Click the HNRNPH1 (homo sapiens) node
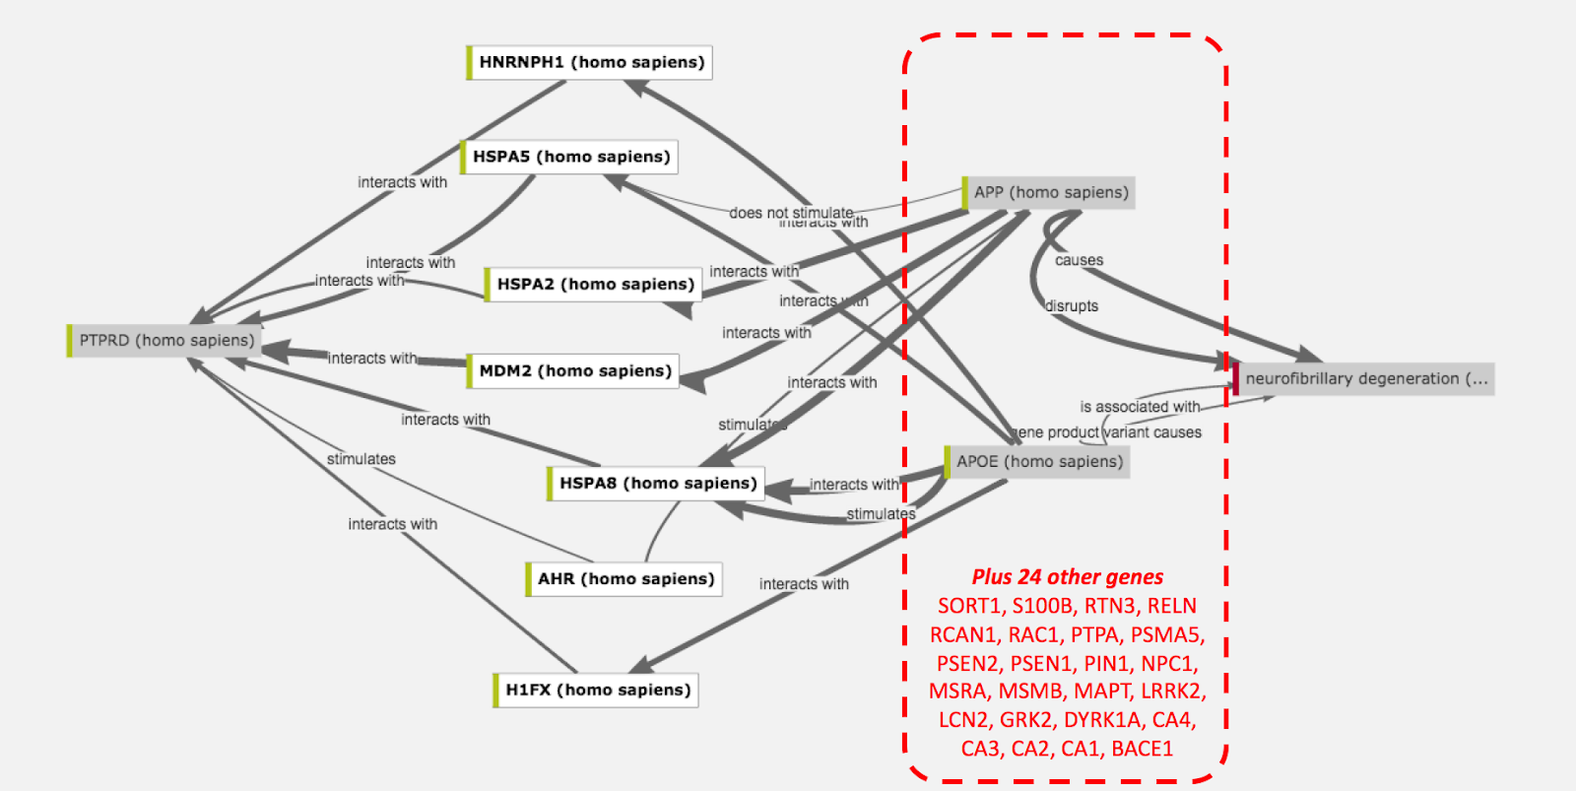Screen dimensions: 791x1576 [x=590, y=62]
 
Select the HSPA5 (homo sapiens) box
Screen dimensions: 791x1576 [x=570, y=157]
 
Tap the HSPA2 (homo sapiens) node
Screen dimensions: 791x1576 [x=595, y=284]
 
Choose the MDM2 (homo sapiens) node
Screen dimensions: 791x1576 [x=574, y=370]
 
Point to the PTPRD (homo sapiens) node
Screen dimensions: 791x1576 [x=165, y=340]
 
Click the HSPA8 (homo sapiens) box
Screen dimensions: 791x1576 [x=657, y=483]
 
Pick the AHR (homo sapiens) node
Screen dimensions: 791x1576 [x=624, y=578]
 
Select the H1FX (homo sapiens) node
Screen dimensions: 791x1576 [x=597, y=690]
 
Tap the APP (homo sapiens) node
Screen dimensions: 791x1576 [x=1050, y=192]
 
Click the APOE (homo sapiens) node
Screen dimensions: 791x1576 [x=1038, y=461]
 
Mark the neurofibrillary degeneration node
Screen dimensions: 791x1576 [x=1365, y=378]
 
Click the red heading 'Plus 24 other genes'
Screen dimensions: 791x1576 [x=1067, y=576]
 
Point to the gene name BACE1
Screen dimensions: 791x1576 [x=1142, y=749]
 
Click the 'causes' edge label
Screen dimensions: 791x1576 [x=1079, y=260]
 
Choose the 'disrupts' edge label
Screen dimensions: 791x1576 [x=1072, y=305]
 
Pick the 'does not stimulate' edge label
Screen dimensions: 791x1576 [x=791, y=212]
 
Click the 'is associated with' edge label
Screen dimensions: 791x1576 [x=1140, y=406]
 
